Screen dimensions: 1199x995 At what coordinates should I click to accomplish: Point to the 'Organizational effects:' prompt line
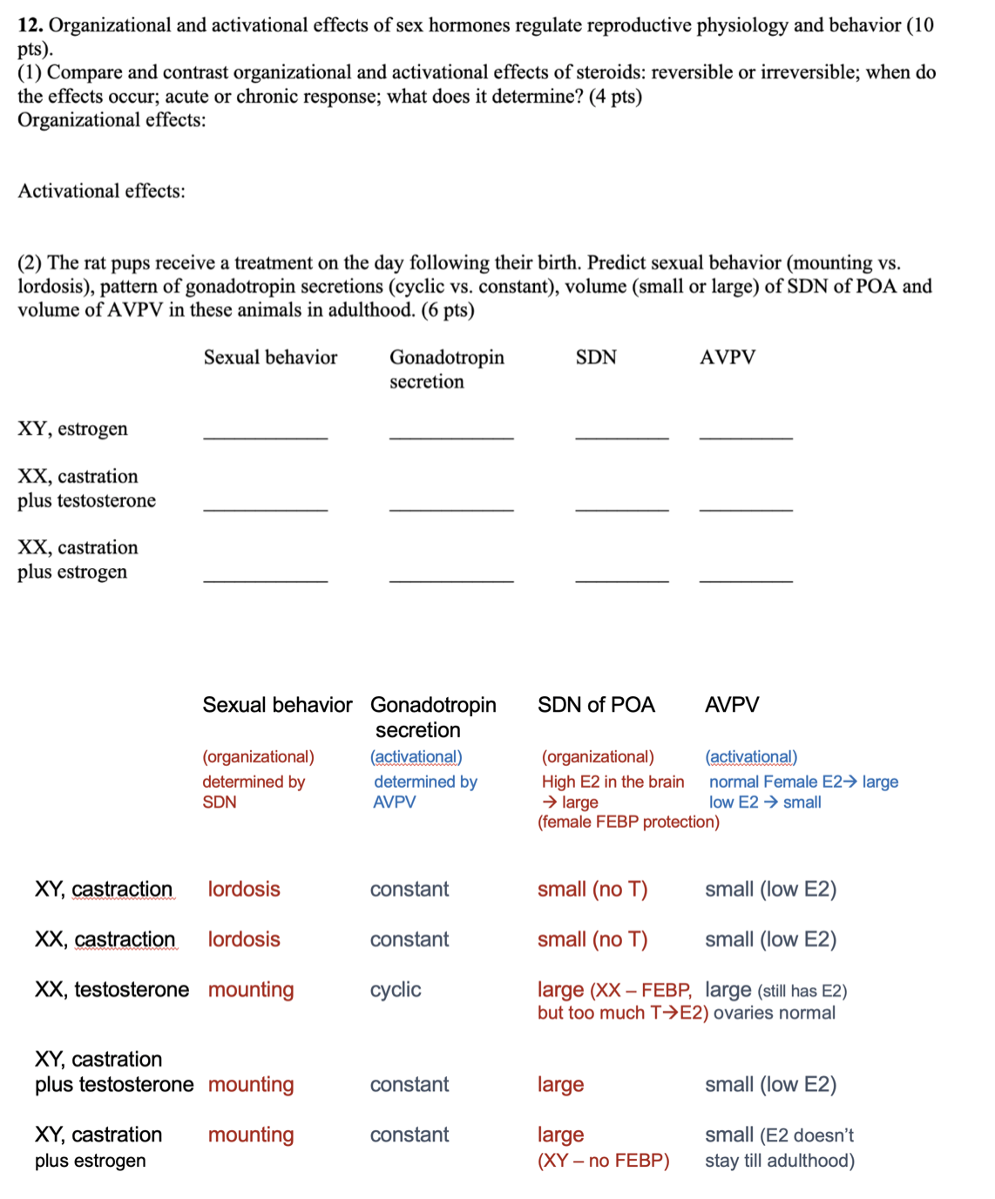(x=112, y=120)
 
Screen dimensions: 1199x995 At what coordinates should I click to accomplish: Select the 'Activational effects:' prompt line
(x=102, y=192)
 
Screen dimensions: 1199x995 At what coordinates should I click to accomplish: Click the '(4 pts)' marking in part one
(x=615, y=97)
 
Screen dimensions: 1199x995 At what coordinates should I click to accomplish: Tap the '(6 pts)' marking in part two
(x=448, y=310)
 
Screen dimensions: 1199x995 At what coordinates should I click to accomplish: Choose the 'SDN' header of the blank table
(x=596, y=357)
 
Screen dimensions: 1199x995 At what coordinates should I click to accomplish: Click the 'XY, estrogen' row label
(x=72, y=429)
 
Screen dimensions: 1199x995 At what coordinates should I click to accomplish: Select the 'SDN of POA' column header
(x=596, y=705)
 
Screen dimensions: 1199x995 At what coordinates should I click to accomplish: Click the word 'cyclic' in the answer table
(x=395, y=990)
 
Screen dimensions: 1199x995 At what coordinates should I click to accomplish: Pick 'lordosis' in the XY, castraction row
(x=244, y=890)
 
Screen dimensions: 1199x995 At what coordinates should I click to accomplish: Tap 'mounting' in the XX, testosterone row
(x=251, y=990)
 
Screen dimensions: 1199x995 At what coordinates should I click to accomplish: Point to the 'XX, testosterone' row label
(x=112, y=990)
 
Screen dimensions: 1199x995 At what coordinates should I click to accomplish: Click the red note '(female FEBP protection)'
(x=628, y=822)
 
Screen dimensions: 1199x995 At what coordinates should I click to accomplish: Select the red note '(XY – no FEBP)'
(x=603, y=1161)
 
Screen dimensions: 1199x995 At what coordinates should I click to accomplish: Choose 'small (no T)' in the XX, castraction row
(x=592, y=939)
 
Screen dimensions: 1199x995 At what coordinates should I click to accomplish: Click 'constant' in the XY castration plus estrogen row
(x=410, y=1135)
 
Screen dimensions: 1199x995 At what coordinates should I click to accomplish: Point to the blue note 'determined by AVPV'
(x=425, y=792)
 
